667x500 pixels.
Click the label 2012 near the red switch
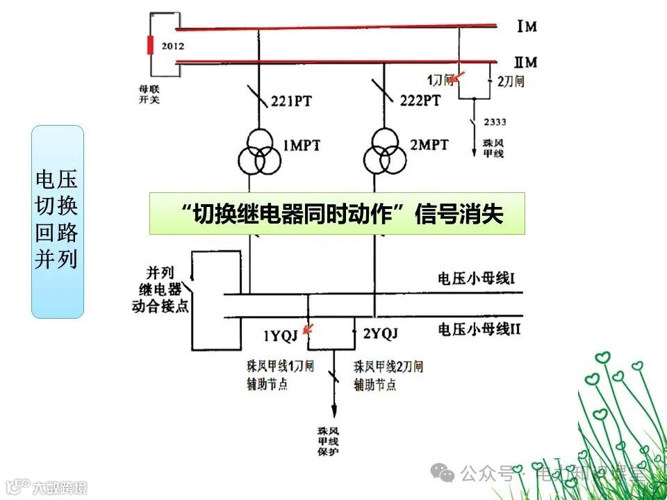pyautogui.click(x=172, y=47)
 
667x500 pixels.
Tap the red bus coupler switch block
pyautogui.click(x=149, y=44)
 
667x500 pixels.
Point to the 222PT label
pyautogui.click(x=420, y=101)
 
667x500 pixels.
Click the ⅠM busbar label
pyautogui.click(x=527, y=27)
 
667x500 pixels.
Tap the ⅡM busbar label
pyautogui.click(x=526, y=62)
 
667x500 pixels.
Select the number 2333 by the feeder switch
pyautogui.click(x=495, y=122)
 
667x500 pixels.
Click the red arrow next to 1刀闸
pyautogui.click(x=456, y=78)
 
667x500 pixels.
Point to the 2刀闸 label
pyautogui.click(x=511, y=81)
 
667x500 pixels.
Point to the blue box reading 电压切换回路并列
pyautogui.click(x=57, y=222)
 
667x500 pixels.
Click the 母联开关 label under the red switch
pyautogui.click(x=150, y=94)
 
